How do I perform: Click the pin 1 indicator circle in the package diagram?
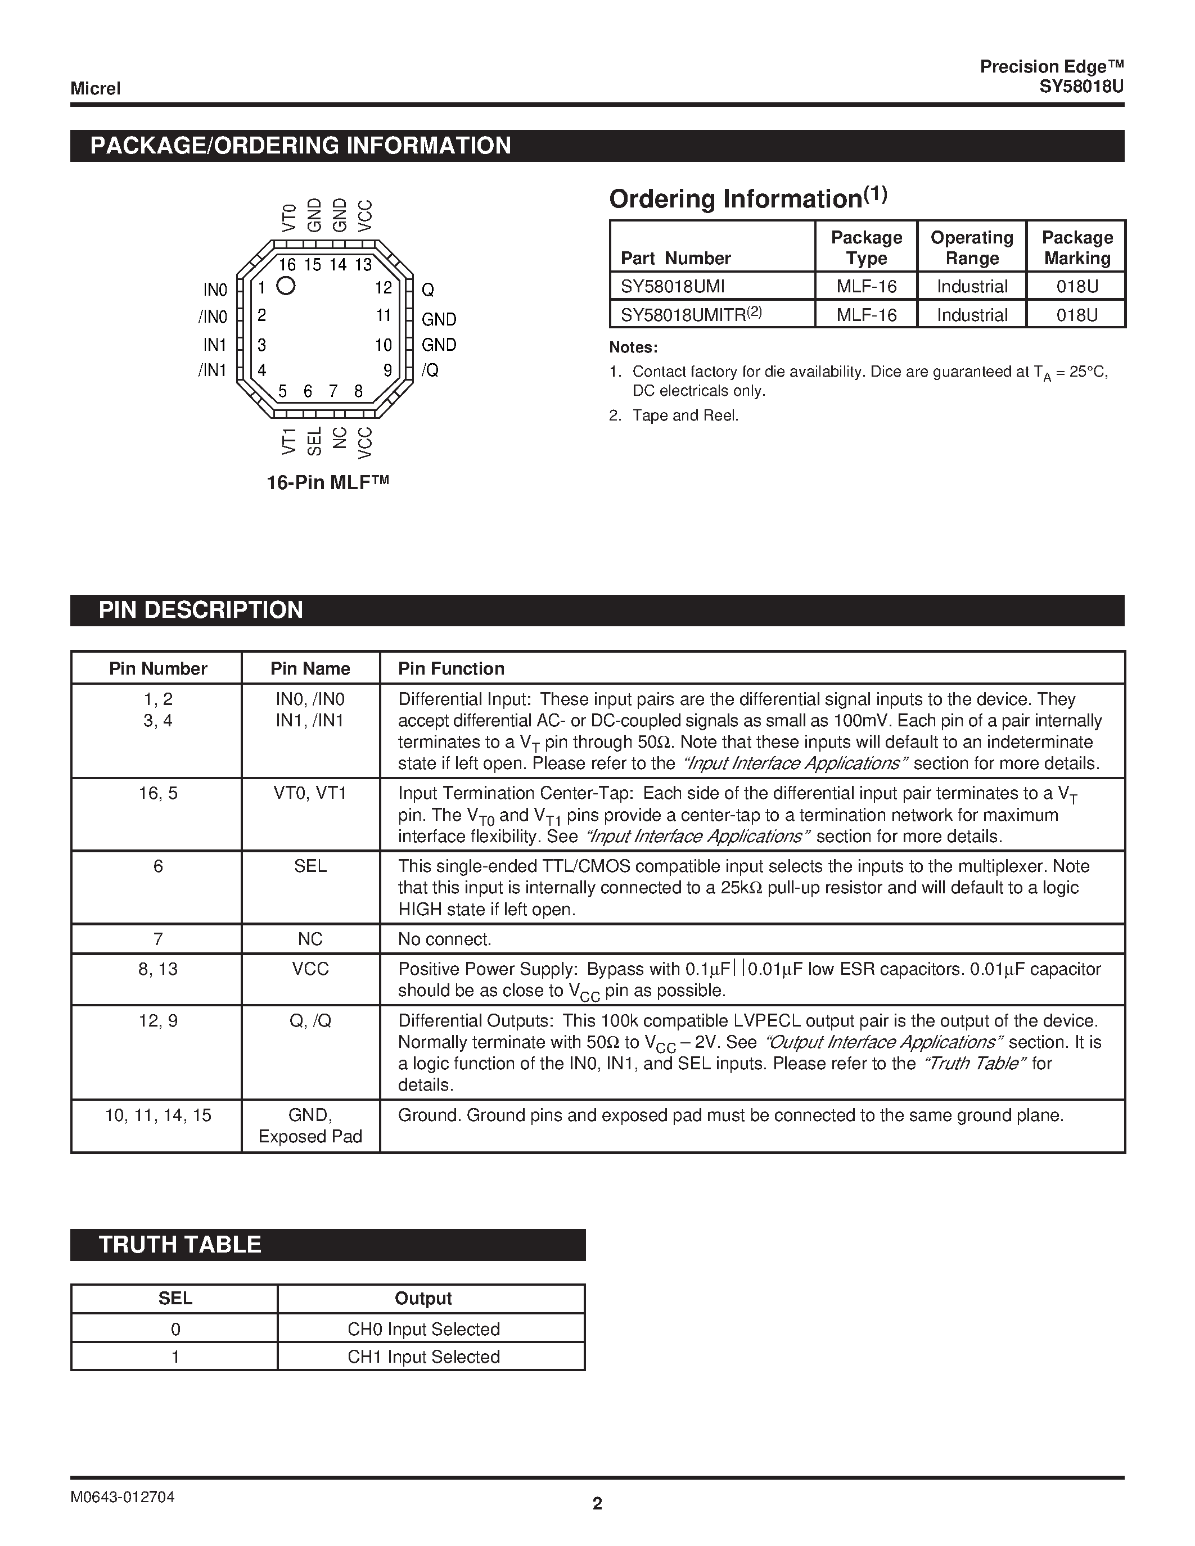(286, 286)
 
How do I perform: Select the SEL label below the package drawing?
(314, 441)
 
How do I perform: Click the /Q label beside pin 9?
(430, 370)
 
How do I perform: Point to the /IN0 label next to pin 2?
(213, 317)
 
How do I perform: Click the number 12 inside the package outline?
(384, 288)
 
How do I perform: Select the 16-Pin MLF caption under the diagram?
(328, 483)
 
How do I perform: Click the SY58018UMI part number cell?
(673, 287)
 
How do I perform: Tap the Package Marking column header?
(1077, 248)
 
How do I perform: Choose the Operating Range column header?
(971, 248)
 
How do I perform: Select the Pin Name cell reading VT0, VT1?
(310, 794)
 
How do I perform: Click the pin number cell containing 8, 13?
(158, 969)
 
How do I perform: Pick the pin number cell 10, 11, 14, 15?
(158, 1115)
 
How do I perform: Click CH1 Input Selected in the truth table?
(423, 1357)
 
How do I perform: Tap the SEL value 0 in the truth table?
(175, 1330)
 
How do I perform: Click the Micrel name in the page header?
(96, 88)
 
